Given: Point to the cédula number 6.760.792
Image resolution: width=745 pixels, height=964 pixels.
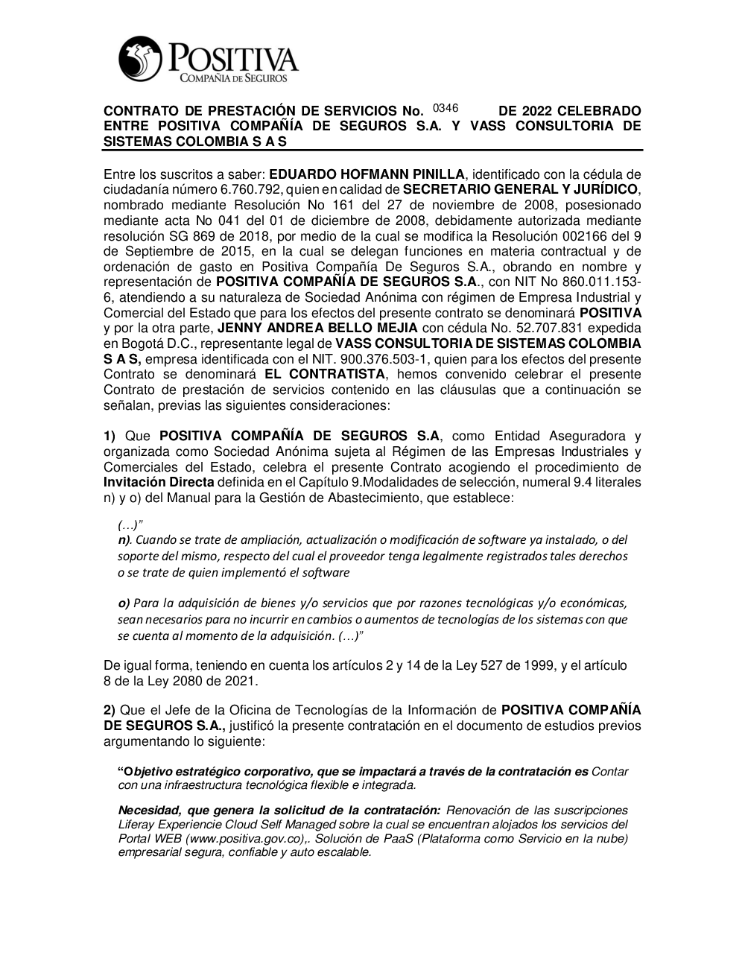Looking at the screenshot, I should pos(250,190).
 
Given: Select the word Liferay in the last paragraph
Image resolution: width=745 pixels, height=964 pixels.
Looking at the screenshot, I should pos(138,825).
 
